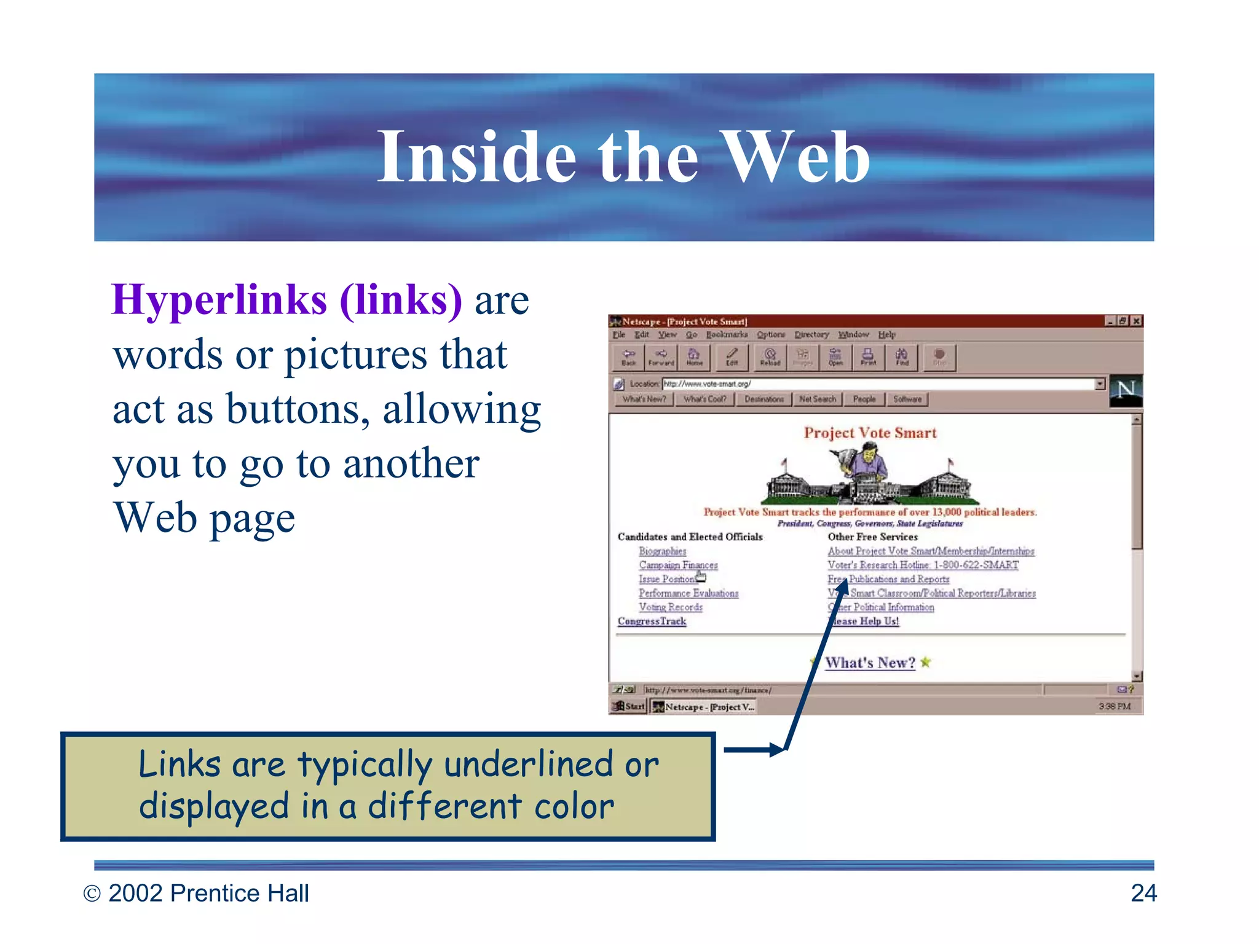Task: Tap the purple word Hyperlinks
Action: click(219, 300)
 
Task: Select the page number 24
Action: click(1143, 893)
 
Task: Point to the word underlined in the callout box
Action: click(529, 765)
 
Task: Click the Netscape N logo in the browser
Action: click(1126, 390)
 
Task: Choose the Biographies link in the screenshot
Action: click(662, 551)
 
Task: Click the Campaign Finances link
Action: click(678, 565)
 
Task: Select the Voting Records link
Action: click(670, 607)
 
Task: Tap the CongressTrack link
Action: click(652, 621)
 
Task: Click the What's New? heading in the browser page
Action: click(870, 663)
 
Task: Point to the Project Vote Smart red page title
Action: click(870, 433)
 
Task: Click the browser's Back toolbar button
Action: click(628, 357)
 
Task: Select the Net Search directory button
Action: click(817, 399)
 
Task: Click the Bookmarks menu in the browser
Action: click(727, 335)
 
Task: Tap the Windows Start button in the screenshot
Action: click(629, 706)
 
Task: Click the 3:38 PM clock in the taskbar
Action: click(1115, 706)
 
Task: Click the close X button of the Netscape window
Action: click(1137, 321)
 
